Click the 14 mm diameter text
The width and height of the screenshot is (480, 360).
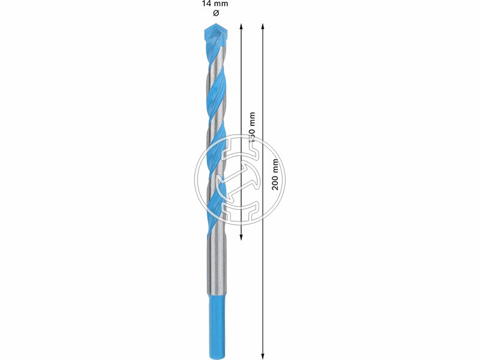215,4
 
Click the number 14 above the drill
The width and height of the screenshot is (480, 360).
206,4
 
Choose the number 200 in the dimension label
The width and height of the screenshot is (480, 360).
275,183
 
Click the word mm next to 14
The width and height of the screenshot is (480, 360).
221,4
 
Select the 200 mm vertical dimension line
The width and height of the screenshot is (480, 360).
263,270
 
